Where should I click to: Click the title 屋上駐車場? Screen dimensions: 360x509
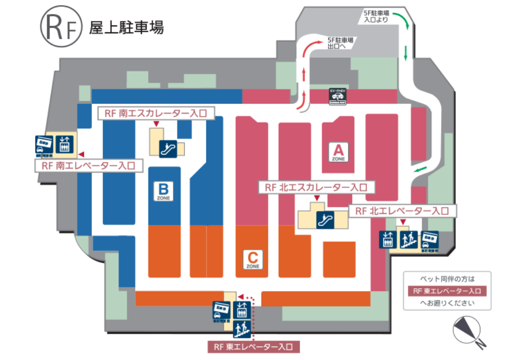point(127,27)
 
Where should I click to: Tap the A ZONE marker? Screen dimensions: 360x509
point(340,152)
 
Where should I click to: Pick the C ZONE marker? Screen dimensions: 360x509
point(253,259)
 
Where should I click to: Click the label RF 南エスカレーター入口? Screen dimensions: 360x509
point(156,114)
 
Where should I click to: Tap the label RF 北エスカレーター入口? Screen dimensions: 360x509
point(317,187)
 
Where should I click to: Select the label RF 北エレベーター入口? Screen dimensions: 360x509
point(402,210)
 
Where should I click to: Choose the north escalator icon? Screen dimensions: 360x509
point(325,220)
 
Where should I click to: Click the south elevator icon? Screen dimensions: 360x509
point(64,142)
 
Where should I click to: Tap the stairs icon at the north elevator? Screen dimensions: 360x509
point(407,238)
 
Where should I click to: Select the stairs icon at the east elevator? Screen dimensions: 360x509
point(242,327)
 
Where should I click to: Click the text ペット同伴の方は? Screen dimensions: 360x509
point(447,279)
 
